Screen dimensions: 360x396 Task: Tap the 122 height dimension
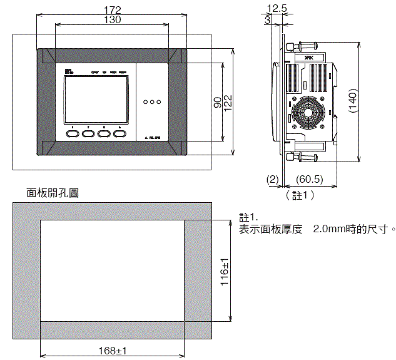pos(228,102)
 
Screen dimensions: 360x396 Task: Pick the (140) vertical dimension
pos(352,102)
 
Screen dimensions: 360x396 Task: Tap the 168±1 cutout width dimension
pos(113,351)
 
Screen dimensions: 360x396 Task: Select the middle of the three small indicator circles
pos(152,101)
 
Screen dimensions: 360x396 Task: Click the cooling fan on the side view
pos(308,114)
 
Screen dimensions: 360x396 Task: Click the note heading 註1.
pos(248,217)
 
